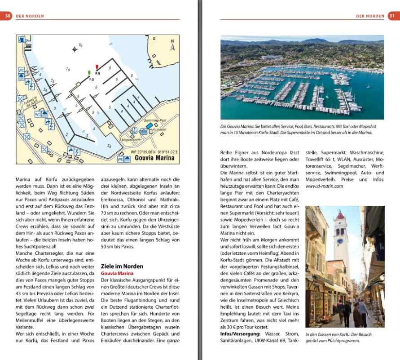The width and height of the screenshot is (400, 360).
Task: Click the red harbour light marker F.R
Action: click(97, 68)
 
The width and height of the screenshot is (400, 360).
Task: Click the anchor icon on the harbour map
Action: click(133, 131)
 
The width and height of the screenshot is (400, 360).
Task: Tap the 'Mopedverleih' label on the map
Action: click(131, 140)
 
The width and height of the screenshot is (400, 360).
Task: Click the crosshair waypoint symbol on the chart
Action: click(75, 49)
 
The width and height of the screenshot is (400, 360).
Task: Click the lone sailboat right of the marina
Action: click(368, 85)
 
